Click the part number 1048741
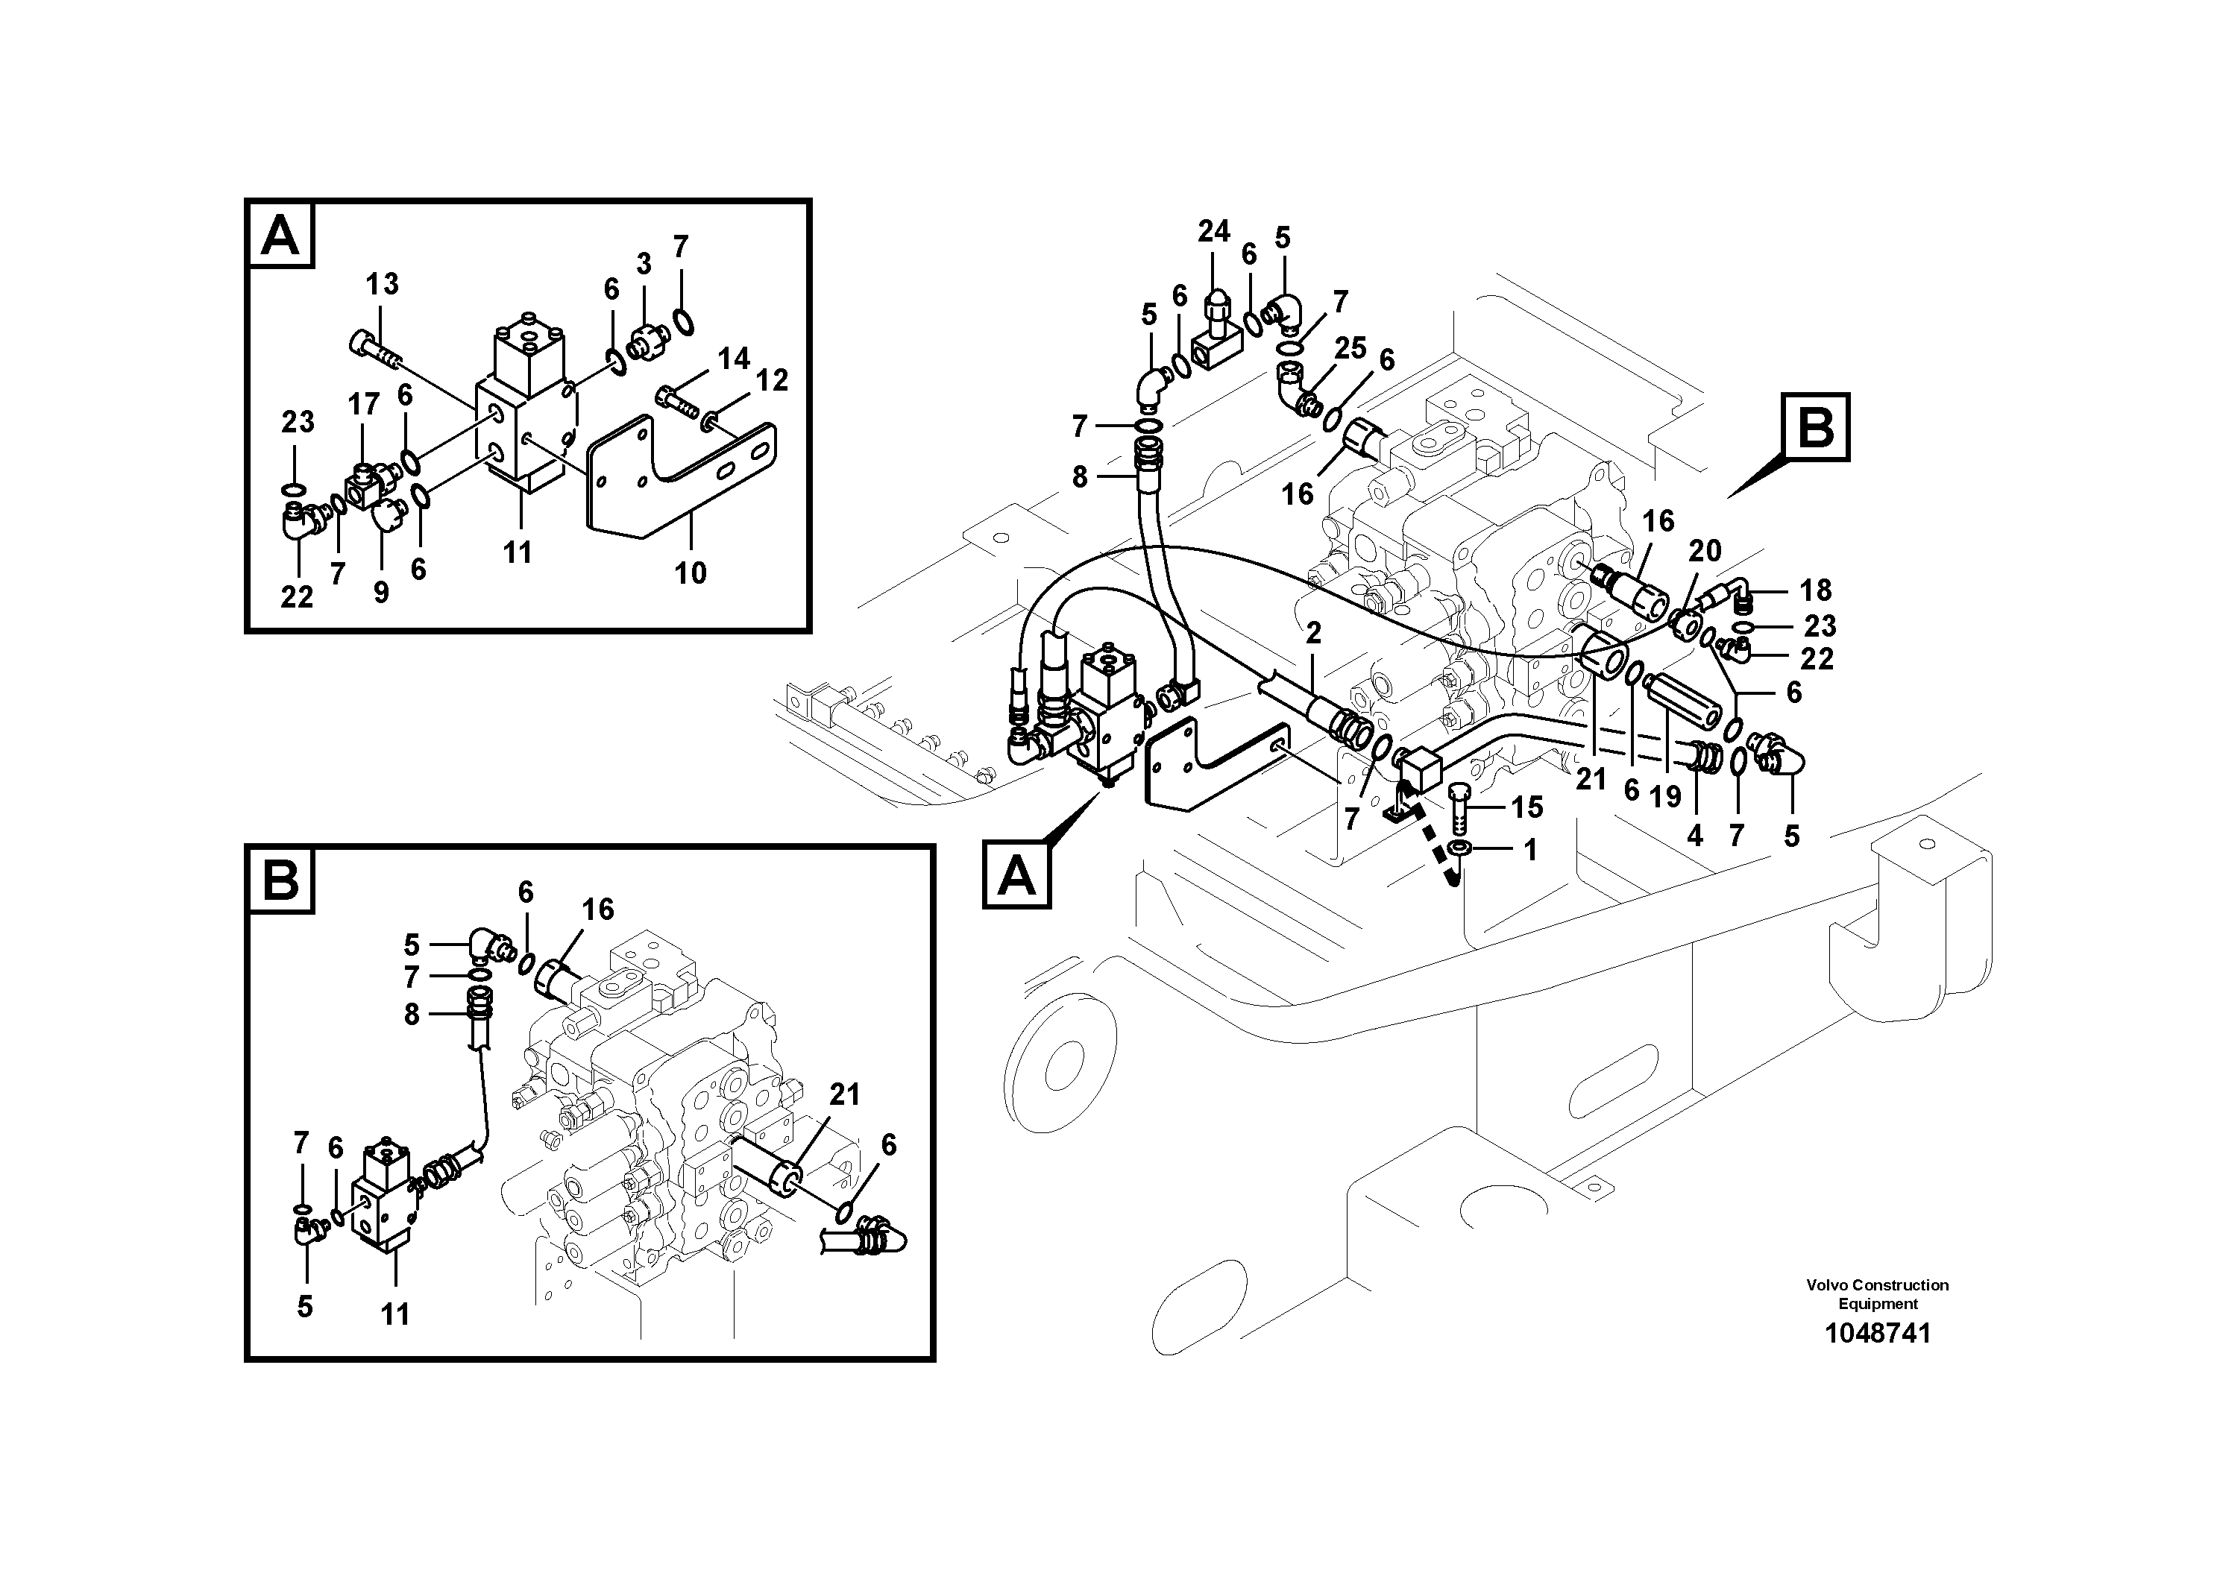pos(1877,1333)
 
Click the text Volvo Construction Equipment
pos(1877,1293)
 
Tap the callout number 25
pos(1350,348)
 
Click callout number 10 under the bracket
pos(691,573)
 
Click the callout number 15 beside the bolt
pos(1528,807)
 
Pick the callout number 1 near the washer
pos(1529,850)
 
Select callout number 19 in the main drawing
pos(1665,797)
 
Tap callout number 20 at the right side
pos(1705,551)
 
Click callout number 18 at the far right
pos(1815,590)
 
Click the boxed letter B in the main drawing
pos(1815,426)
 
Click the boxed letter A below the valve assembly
pos(1016,875)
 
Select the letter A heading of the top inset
pos(280,234)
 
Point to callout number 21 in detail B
pos(844,1094)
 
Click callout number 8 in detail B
pos(412,1015)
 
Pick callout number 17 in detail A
pos(364,404)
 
